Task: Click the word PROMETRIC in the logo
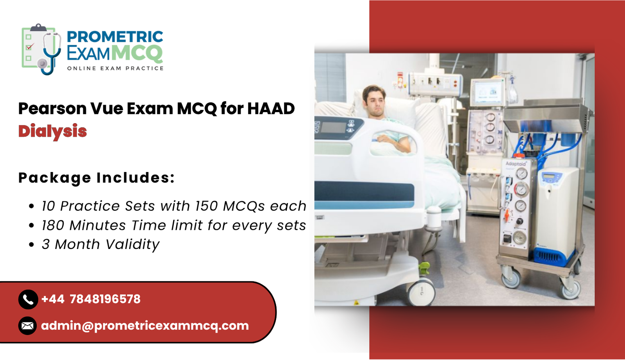(115, 37)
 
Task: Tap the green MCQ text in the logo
(137, 53)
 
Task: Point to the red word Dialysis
(52, 131)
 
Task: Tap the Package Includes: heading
(96, 178)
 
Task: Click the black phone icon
(28, 299)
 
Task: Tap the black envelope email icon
(27, 326)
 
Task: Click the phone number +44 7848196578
(91, 299)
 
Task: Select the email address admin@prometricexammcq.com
(145, 326)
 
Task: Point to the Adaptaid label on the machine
(516, 164)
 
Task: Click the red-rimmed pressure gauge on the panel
(521, 190)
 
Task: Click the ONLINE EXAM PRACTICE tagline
(115, 68)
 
